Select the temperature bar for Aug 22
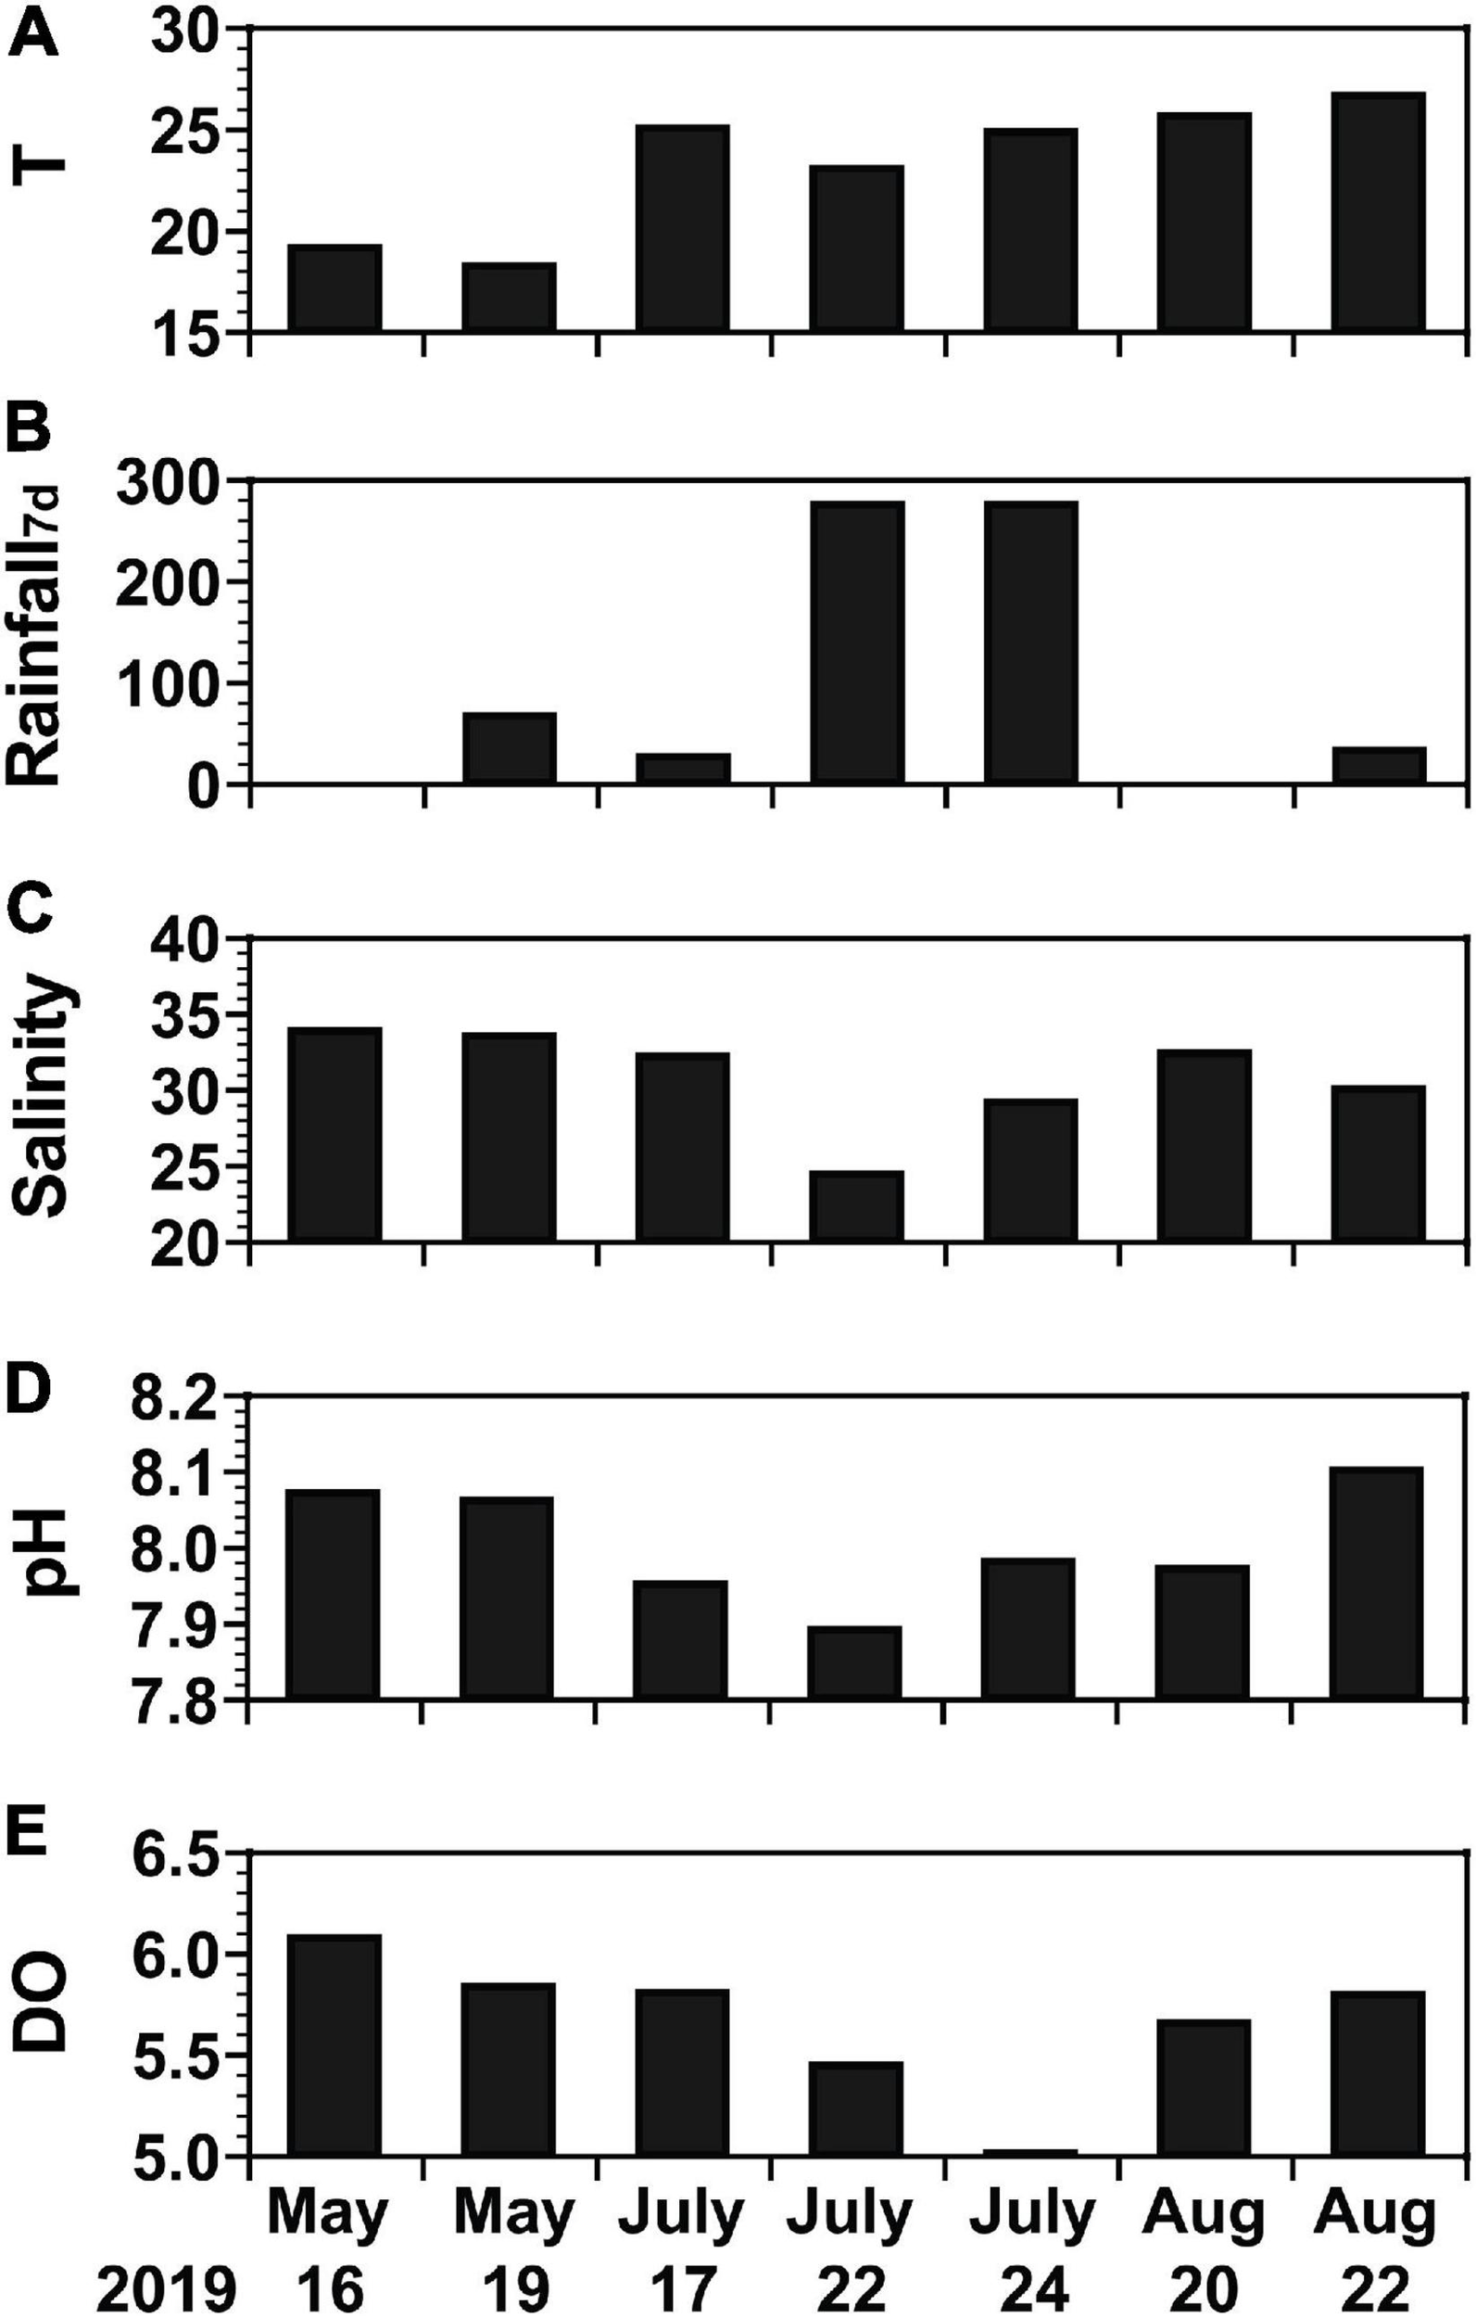point(1378,212)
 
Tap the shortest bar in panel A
point(509,298)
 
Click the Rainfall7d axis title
point(41,631)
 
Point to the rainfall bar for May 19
point(509,748)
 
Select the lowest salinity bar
point(856,1206)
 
